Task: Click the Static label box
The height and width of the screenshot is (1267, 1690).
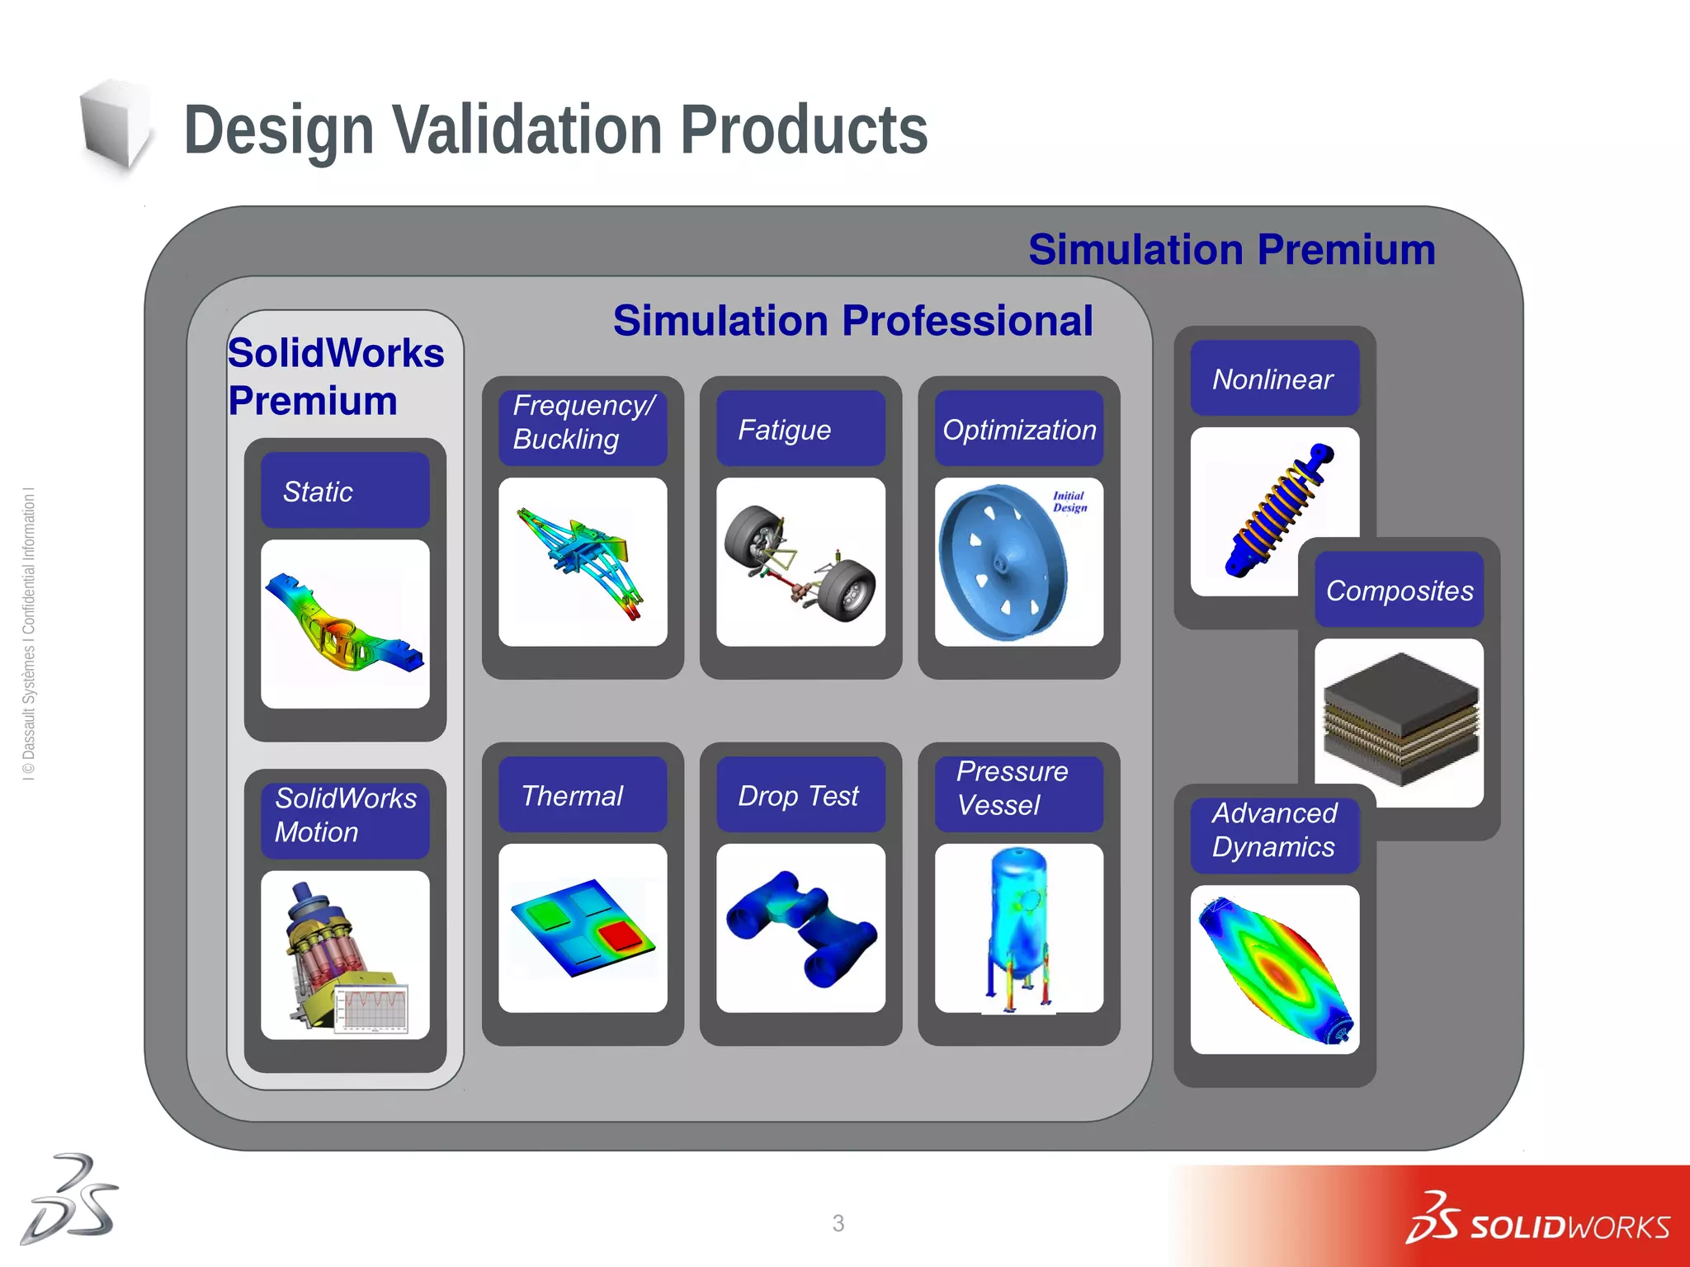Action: pos(345,491)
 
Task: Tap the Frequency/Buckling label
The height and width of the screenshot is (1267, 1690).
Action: pos(583,422)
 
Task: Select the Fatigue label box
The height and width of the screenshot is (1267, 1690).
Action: pos(800,429)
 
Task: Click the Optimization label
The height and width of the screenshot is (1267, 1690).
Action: pos(1018,429)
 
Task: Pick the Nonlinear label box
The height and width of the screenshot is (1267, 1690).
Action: pos(1274,379)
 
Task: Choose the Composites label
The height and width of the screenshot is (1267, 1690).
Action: pos(1399,591)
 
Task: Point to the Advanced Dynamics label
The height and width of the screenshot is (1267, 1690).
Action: pos(1274,830)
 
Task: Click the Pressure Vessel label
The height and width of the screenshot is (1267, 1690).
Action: pos(1018,789)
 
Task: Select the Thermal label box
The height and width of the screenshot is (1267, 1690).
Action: pos(583,795)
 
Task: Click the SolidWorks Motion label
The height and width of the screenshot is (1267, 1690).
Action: pos(345,815)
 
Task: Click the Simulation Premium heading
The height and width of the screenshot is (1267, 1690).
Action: pos(1232,250)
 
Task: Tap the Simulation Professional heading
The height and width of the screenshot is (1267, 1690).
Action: pos(852,321)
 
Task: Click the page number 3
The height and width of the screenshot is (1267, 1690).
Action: pos(838,1222)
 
